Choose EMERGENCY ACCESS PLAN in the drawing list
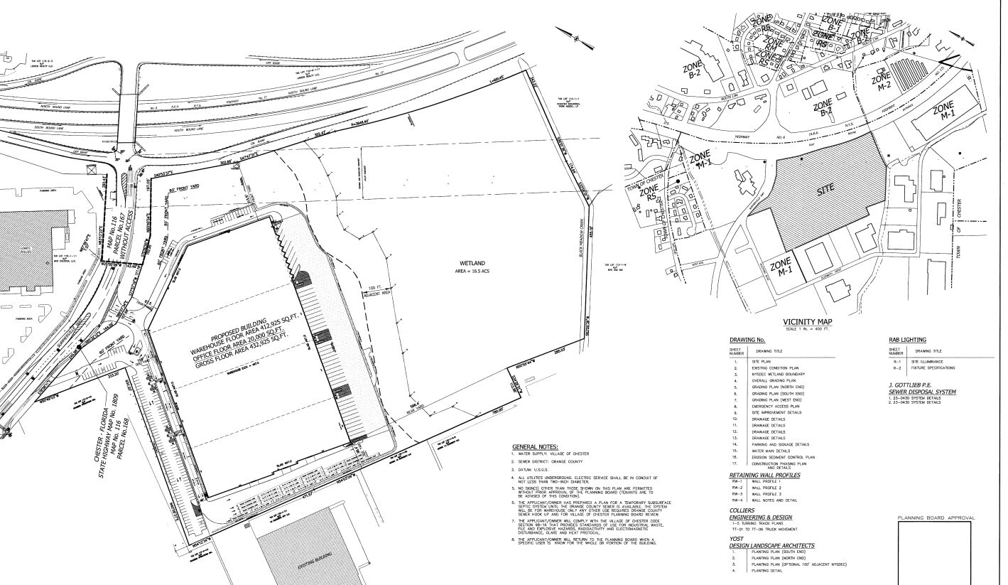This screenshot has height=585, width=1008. [761, 406]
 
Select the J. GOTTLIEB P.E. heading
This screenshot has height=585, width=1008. [923, 386]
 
